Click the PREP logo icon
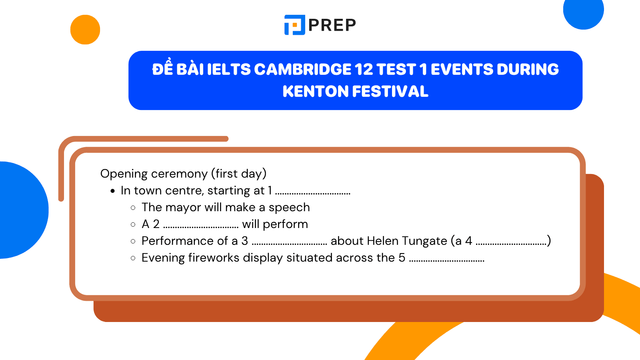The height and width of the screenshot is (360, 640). [x=295, y=25]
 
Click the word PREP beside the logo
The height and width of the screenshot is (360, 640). [x=332, y=25]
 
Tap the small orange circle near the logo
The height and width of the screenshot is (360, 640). [x=85, y=30]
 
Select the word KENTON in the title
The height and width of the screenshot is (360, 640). [x=315, y=92]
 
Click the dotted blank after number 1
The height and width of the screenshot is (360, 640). [x=313, y=193]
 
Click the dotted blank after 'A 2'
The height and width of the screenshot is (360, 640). [x=201, y=227]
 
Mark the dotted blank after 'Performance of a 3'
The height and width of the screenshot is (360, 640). [x=290, y=244]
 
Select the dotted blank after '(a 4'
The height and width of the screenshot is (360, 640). [x=511, y=244]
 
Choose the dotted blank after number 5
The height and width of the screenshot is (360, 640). [x=447, y=260]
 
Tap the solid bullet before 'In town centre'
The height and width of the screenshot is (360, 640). [x=113, y=191]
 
